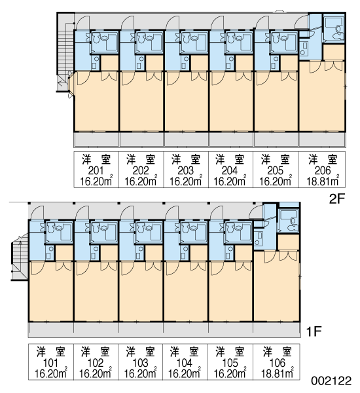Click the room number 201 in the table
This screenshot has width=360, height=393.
96,171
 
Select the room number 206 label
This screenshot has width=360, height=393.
323,171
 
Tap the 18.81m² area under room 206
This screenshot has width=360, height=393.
323,181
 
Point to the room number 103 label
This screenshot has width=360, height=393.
140,363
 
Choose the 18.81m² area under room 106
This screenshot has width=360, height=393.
278,373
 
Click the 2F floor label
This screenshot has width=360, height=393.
337,200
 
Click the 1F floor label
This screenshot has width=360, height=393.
314,332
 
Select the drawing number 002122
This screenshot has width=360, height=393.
331,381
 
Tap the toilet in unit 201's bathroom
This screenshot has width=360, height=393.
96,39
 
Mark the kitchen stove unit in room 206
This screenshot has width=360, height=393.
304,48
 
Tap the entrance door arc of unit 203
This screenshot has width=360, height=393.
172,22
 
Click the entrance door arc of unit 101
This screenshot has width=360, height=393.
37,213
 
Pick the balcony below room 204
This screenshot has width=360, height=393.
231,139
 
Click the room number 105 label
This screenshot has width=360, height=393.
230,363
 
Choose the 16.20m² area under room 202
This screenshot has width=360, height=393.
141,181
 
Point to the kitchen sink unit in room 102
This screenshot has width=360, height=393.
96,252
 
